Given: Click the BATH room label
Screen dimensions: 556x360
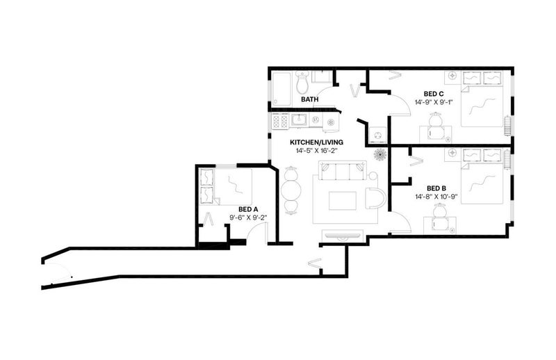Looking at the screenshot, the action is point(309,99).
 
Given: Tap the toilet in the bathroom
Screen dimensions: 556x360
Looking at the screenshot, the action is point(302,82).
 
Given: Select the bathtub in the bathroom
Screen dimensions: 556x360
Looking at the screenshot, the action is point(281,88).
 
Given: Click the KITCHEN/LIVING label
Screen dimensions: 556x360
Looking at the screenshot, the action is point(316,142).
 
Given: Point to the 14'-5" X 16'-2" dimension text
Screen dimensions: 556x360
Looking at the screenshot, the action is point(316,150).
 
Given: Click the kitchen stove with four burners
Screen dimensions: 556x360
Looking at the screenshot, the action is point(280,121).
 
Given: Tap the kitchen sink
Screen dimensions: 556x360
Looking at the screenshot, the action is point(300,120).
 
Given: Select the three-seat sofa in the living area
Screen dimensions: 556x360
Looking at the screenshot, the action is point(343,170).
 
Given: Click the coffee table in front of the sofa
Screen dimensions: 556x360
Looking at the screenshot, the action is point(342,201).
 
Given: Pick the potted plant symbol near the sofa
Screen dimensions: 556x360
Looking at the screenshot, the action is point(381,154).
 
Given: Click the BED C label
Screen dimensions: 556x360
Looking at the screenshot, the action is point(434,94).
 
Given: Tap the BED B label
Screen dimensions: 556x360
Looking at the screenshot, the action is point(436,188).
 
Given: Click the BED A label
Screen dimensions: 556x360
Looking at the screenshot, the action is point(248,209).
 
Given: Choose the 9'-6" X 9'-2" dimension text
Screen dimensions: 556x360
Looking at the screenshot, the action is point(248,218).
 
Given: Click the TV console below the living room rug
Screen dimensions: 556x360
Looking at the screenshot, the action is point(342,235).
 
